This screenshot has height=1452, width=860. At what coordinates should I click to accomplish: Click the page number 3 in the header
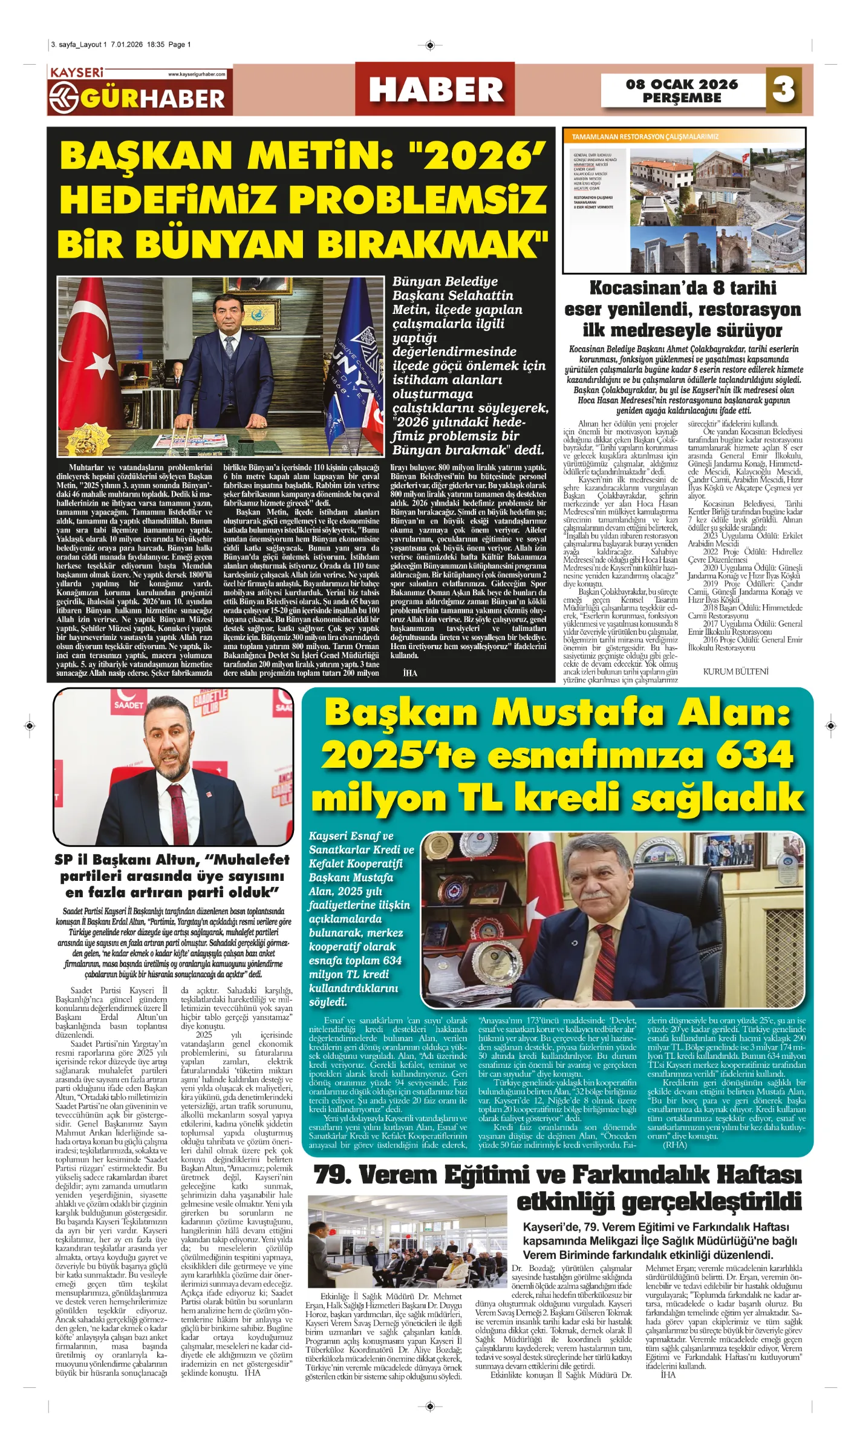tap(784, 89)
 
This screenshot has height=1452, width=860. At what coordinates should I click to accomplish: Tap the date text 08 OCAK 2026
tap(682, 84)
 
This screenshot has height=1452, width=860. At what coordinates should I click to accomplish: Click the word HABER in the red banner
tap(435, 90)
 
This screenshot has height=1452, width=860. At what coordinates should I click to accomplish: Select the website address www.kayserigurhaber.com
tap(197, 74)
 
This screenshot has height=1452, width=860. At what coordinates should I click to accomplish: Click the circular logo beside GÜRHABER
tap(64, 97)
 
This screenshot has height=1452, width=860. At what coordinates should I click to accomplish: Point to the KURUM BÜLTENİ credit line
tap(735, 671)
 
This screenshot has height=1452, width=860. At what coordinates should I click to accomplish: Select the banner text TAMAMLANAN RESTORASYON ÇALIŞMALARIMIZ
tap(645, 137)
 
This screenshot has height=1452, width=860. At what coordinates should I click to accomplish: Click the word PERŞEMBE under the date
tap(682, 98)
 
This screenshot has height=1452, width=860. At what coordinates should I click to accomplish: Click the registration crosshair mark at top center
tap(429, 45)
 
